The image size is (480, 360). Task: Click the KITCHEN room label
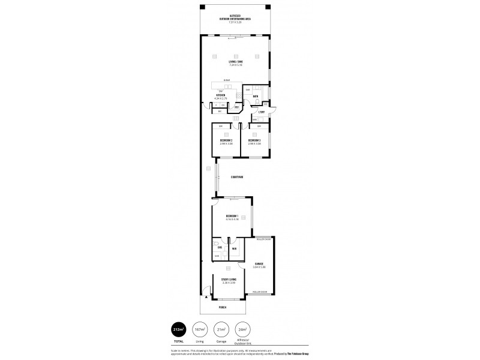click(221, 95)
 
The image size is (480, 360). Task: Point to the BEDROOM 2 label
click(226, 140)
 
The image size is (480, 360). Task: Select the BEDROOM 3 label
click(254, 140)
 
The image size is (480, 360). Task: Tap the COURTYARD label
click(236, 178)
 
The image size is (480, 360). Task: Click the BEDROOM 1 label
click(232, 216)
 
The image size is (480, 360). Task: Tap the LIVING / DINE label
click(235, 62)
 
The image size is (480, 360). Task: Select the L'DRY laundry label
click(262, 112)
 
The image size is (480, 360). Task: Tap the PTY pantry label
click(237, 107)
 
